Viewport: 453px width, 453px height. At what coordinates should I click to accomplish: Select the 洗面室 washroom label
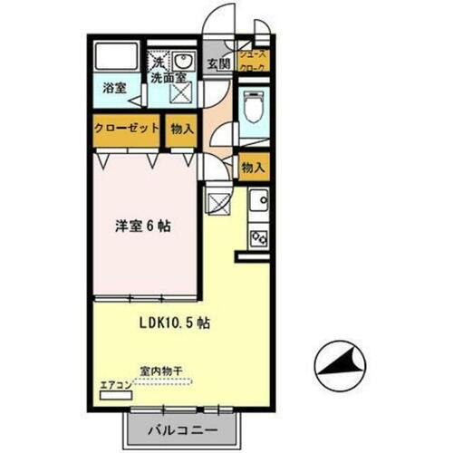tap(169, 78)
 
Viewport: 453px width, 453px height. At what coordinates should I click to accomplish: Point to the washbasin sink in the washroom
tap(184, 61)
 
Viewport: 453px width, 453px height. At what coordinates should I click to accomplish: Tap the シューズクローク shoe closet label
tap(255, 60)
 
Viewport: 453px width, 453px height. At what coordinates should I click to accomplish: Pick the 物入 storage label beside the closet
tap(182, 129)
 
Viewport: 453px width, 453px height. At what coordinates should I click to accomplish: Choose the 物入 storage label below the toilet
tap(253, 167)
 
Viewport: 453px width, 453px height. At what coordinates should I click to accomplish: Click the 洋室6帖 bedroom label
tap(144, 226)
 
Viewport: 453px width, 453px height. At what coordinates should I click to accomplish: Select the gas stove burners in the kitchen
tap(258, 237)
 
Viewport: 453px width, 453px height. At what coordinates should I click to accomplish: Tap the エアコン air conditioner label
tap(116, 384)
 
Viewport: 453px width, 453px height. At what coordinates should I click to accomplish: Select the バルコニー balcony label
tap(178, 430)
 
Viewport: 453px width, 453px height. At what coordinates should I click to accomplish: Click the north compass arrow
tap(339, 364)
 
